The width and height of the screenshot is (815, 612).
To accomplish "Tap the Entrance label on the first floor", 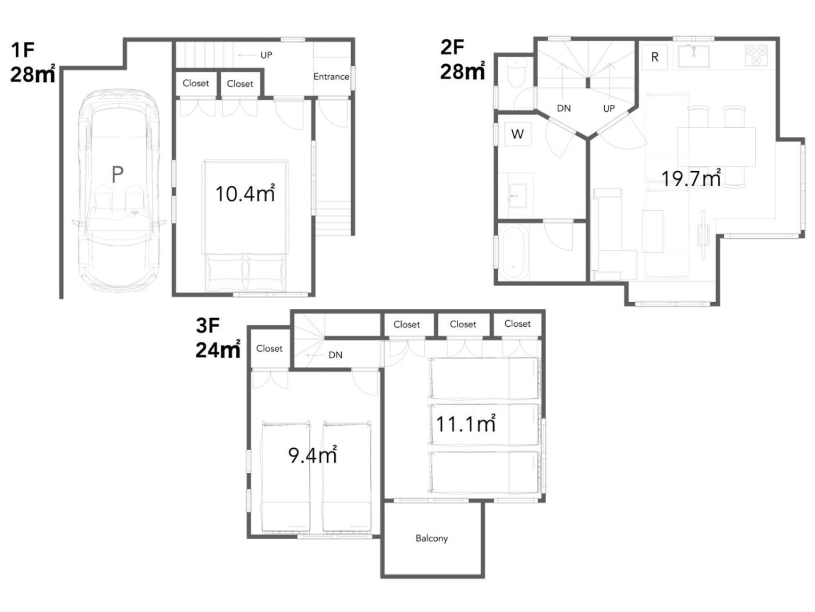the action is [x=331, y=76].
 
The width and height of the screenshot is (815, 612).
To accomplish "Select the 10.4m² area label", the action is [x=245, y=193].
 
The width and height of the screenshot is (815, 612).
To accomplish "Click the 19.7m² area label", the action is [x=691, y=178].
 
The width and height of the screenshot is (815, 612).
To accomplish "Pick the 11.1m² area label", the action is [x=466, y=423].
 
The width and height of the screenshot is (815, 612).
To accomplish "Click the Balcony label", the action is [x=431, y=538].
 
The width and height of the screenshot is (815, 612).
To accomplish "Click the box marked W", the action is [x=518, y=134].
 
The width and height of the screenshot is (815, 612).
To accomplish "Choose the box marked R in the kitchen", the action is [x=654, y=57].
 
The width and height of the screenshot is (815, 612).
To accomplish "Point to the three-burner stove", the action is [x=756, y=55].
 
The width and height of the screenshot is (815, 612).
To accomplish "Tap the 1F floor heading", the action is [x=23, y=49].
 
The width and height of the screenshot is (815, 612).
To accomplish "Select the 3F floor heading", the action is [x=208, y=326].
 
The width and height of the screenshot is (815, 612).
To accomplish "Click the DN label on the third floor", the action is [x=335, y=355].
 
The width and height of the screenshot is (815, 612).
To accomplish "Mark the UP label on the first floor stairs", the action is [x=266, y=55].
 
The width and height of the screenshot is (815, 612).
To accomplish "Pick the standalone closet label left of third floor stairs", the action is [x=269, y=348].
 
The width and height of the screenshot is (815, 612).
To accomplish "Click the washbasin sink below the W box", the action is [x=517, y=196].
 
